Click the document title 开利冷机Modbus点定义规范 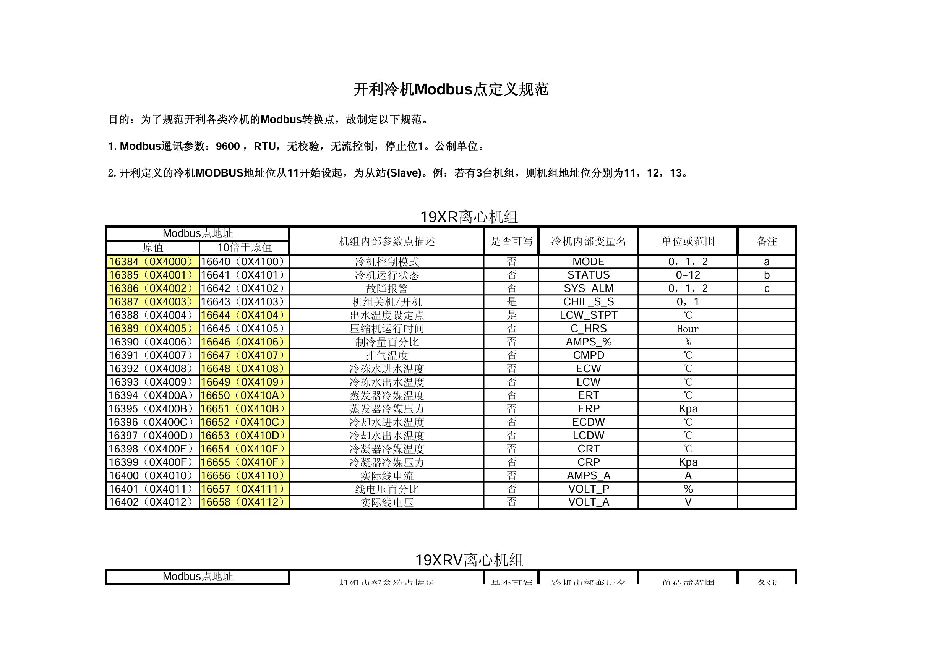coord(451,89)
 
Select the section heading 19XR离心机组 coord(469,217)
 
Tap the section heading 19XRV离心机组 coord(469,560)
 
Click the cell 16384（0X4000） coord(151,261)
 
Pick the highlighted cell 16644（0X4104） coord(243,315)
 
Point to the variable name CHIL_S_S coord(589,302)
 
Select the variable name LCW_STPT coord(589,315)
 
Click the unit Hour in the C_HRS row coord(688,329)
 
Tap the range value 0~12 coord(688,275)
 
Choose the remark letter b coord(767,275)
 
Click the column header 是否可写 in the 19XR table coord(511,241)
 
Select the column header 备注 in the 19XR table coord(767,241)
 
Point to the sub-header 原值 coord(153,248)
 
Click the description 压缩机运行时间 coord(386,329)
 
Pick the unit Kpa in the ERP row coord(688,408)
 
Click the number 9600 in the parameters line coord(228,146)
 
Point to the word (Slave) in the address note coord(404,173)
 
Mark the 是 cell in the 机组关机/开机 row coord(511,302)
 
